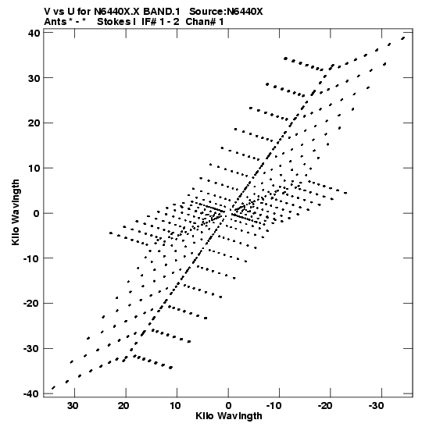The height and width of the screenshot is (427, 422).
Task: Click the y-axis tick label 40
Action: pyautogui.click(x=34, y=33)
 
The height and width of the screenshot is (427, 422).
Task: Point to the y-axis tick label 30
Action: pyautogui.click(x=34, y=78)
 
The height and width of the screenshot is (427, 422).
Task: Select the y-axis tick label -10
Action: pyautogui.click(x=31, y=258)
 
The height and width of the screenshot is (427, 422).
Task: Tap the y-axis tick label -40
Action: pyautogui.click(x=31, y=393)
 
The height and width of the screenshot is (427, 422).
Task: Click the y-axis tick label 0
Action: pyautogui.click(x=37, y=213)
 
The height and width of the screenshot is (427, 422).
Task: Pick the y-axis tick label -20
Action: pyautogui.click(x=31, y=303)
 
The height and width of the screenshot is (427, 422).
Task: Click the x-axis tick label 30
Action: pyautogui.click(x=73, y=406)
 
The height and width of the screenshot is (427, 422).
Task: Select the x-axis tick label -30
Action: pyautogui.click(x=376, y=406)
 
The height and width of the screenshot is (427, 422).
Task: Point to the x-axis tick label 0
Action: pyautogui.click(x=228, y=406)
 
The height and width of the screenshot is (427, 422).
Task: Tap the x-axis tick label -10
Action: pyautogui.click(x=274, y=406)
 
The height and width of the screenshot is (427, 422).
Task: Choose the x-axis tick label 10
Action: pyautogui.click(x=175, y=406)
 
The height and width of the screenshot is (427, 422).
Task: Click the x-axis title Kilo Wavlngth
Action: pyautogui.click(x=229, y=416)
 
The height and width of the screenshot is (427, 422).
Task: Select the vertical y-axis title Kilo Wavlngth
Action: pyautogui.click(x=16, y=212)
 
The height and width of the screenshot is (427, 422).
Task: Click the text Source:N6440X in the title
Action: pyautogui.click(x=226, y=12)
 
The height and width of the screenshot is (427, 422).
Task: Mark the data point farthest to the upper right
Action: pyautogui.click(x=403, y=38)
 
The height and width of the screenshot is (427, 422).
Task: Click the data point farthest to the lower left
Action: pyautogui.click(x=53, y=388)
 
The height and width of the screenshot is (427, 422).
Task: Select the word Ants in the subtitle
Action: pyautogui.click(x=55, y=22)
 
